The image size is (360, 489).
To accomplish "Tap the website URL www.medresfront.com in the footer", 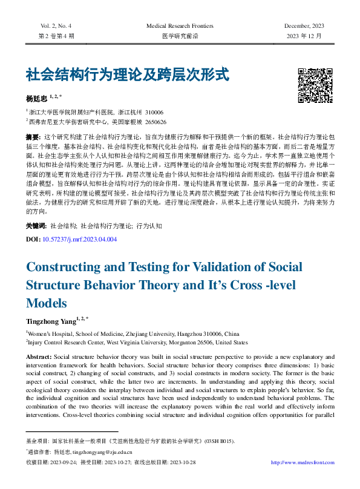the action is tap(303, 463).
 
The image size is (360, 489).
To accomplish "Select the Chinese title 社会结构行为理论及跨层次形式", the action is tap(127, 76).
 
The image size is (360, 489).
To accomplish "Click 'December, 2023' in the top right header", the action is tap(304, 25).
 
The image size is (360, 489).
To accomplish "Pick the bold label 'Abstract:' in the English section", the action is tap(39, 356).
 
